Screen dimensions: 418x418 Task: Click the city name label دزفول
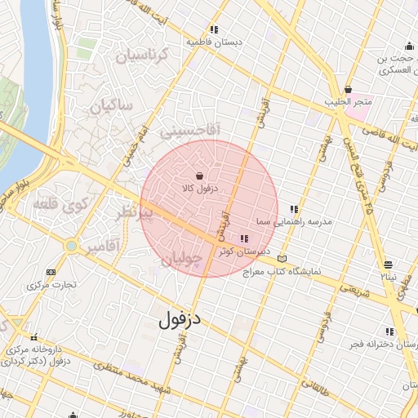(x=179, y=320)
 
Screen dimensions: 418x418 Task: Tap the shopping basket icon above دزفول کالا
(x=201, y=176)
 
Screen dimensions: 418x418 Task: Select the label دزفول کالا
(x=198, y=189)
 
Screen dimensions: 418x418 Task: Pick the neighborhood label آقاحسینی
(x=189, y=129)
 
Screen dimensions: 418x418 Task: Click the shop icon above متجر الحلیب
(x=349, y=89)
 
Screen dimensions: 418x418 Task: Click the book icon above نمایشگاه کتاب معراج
(x=282, y=258)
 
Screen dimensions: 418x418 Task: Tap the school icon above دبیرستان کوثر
(x=243, y=239)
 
